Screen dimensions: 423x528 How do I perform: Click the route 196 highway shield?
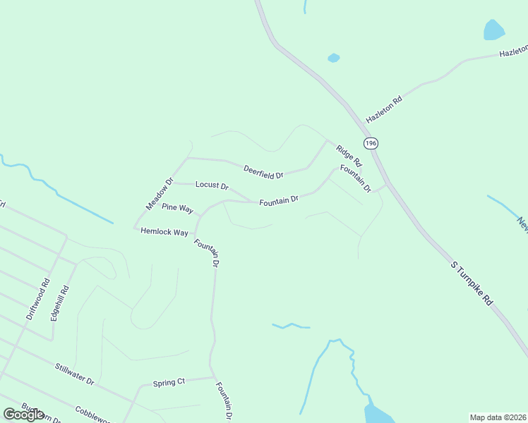tap(372, 142)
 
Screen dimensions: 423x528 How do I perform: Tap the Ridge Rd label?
tap(349, 155)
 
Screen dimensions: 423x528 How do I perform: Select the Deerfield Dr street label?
tap(263, 171)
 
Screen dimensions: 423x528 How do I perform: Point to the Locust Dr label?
tap(212, 186)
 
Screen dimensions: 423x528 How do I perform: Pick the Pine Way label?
tap(177, 208)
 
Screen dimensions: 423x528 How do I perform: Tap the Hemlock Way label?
tap(164, 232)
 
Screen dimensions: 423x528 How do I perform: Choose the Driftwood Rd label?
tap(37, 300)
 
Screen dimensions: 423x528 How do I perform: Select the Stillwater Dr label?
tap(75, 372)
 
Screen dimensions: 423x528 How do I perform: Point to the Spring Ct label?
tap(169, 383)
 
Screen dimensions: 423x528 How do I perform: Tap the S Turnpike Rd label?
tap(472, 283)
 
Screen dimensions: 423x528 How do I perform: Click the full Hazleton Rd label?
tap(384, 110)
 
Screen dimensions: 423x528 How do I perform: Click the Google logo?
tap(24, 415)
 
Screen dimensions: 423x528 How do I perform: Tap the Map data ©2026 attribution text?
tap(498, 417)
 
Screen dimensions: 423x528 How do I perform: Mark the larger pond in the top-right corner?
tap(494, 30)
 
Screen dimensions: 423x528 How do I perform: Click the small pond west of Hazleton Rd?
tap(334, 58)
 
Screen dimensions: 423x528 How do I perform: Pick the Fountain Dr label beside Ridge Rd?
tap(355, 178)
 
